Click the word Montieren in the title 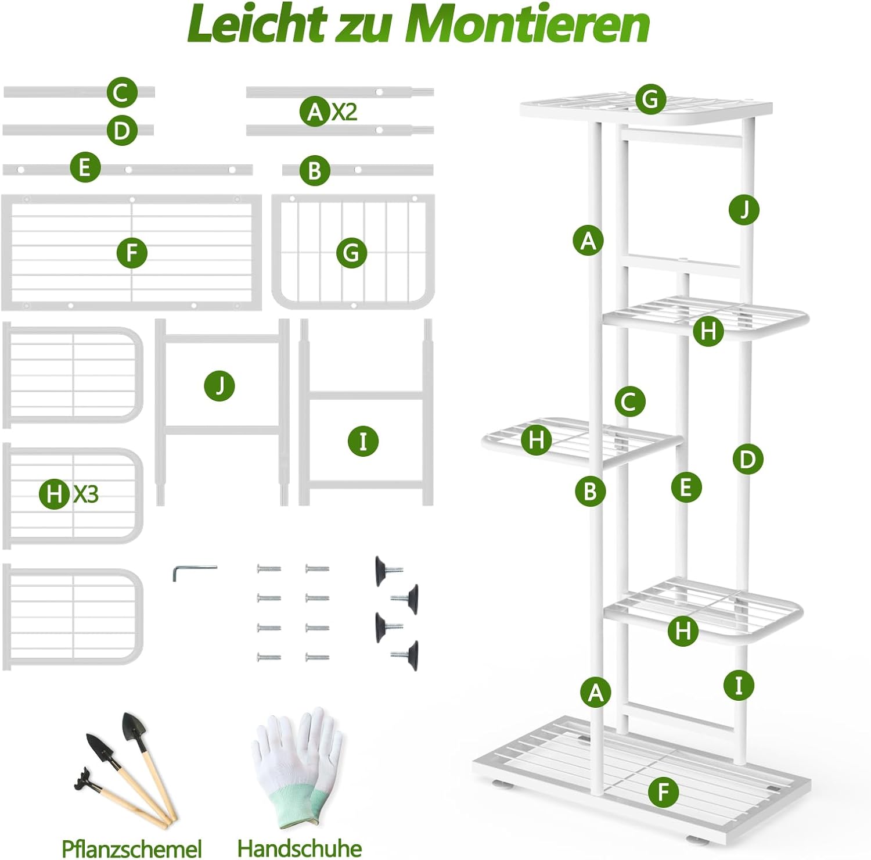[x=527, y=24]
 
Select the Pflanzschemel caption [x=132, y=848]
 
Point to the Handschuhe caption [x=300, y=848]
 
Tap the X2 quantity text [x=344, y=111]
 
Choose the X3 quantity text [x=86, y=494]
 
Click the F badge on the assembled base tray [x=664, y=791]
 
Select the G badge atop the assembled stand [x=650, y=99]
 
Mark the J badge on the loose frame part [x=219, y=386]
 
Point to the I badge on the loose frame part [x=363, y=441]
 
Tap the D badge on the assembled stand [x=747, y=459]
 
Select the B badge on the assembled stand [x=591, y=491]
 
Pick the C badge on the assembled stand [x=629, y=402]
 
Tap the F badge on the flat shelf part [x=132, y=253]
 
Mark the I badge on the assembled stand [x=739, y=685]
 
